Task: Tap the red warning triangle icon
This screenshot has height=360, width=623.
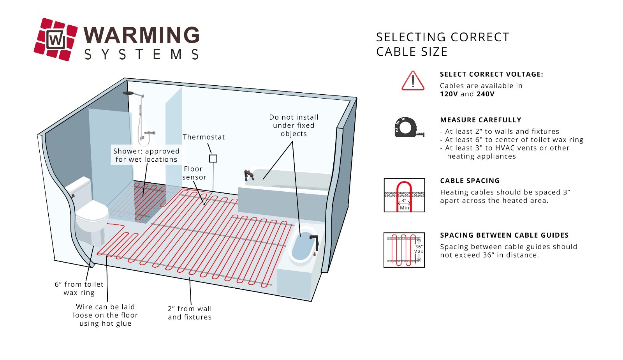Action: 413,81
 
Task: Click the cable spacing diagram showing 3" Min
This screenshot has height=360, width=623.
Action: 404,195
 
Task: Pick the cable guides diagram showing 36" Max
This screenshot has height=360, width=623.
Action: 404,250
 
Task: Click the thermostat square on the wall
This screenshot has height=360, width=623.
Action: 213,159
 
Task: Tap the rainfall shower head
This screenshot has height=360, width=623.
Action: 128,94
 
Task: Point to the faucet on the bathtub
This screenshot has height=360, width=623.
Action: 248,175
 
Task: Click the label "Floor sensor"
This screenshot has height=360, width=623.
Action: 194,173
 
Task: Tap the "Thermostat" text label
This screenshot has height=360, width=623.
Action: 204,137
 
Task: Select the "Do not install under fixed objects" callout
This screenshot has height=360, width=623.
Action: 294,125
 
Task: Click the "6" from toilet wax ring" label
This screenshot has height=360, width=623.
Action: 79,289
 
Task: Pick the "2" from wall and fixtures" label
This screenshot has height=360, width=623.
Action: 190,313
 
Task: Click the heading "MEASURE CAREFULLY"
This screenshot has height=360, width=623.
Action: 480,120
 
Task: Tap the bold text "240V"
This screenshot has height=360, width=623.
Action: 485,94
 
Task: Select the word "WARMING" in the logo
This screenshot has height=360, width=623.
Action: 142,35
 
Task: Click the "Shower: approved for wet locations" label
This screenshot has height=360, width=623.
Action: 146,155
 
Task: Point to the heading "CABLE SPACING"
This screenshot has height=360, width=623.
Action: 470,181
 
